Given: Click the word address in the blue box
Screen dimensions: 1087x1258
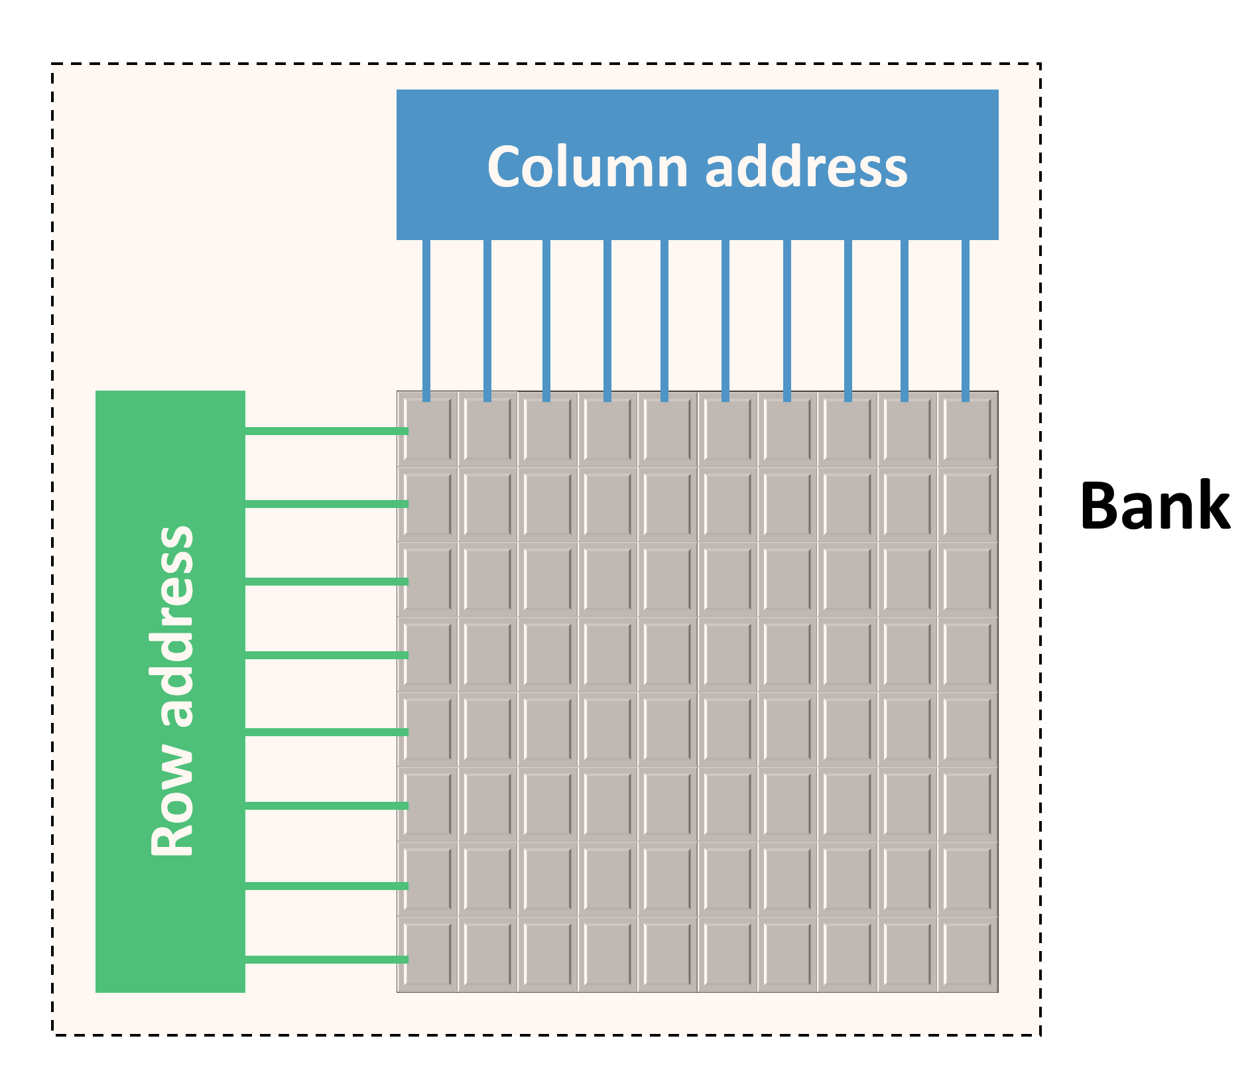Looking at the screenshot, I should coord(806,167).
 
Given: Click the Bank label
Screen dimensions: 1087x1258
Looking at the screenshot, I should coord(1155,506).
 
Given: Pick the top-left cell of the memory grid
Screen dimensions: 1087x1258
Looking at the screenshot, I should coord(428,430).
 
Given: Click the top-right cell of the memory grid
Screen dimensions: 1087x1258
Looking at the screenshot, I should coord(968,430).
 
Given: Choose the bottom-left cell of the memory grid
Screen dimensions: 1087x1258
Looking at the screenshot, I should coord(428,954).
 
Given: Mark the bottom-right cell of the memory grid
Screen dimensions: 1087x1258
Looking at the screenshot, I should coord(968,954).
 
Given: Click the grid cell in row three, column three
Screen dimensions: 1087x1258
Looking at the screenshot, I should coord(548,580).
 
